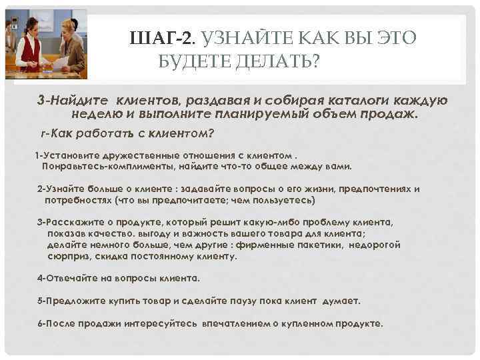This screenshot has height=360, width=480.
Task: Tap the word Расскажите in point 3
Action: pos(77,222)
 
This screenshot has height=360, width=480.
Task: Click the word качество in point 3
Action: pos(106,233)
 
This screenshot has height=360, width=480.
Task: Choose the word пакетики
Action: pos(322,245)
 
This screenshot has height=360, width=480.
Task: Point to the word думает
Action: pos(341,301)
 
